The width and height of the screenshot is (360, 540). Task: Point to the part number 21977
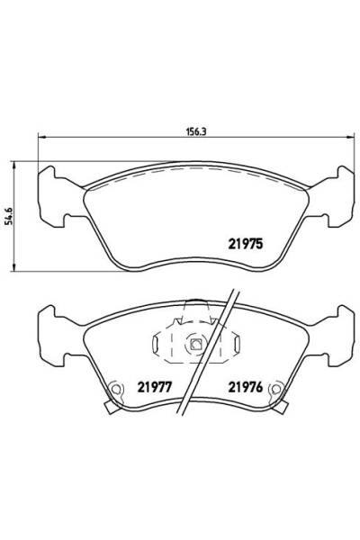point(155,387)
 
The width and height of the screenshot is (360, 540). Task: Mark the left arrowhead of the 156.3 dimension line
point(39,137)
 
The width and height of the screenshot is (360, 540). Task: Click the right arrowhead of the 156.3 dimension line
point(348,137)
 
